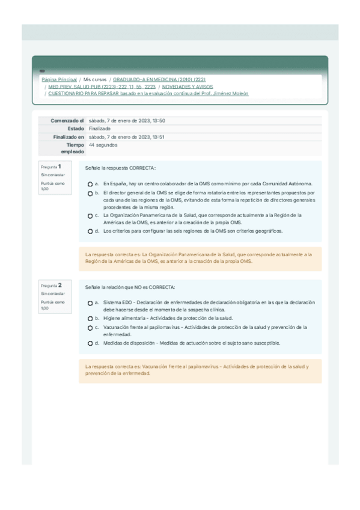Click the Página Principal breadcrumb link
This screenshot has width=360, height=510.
click(x=58, y=79)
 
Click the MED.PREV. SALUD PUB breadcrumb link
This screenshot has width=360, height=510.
click(x=102, y=87)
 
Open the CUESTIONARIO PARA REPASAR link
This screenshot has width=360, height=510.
click(x=148, y=94)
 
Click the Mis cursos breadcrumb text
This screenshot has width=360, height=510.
click(x=94, y=79)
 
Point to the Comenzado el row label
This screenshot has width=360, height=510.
click(x=68, y=121)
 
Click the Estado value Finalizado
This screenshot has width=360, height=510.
click(x=99, y=129)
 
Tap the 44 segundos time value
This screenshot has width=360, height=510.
click(x=103, y=145)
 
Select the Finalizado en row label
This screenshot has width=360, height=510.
click(x=69, y=137)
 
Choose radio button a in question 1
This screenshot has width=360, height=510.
click(x=90, y=184)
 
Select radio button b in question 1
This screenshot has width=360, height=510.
click(x=90, y=193)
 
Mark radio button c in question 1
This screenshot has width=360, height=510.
click(x=90, y=215)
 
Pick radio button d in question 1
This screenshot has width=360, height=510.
click(x=90, y=231)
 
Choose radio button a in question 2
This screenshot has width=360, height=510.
click(x=90, y=303)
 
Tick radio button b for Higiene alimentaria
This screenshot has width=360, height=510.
click(x=90, y=319)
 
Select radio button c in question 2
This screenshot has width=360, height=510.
click(x=90, y=328)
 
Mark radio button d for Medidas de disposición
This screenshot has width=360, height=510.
click(x=90, y=343)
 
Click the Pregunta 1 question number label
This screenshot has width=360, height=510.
click(x=51, y=167)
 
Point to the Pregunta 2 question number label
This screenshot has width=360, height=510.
click(x=51, y=285)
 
